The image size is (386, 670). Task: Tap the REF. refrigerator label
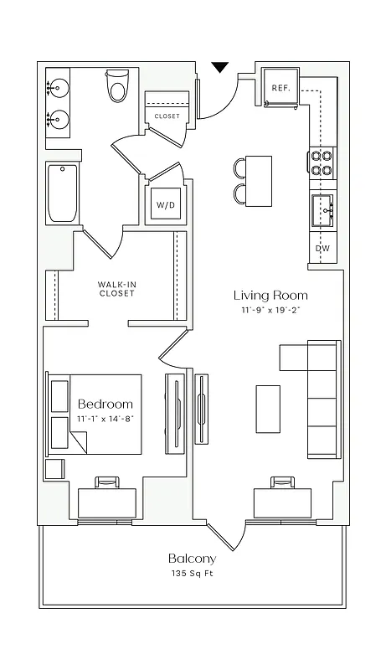click(x=279, y=87)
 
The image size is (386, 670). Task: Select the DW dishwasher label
click(x=322, y=249)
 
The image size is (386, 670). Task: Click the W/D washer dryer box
click(x=163, y=204)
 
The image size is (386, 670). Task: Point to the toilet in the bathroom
click(x=117, y=86)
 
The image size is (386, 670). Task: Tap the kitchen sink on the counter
click(x=322, y=209)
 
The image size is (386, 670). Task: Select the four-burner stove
click(x=322, y=162)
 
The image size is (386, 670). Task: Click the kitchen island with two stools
click(x=259, y=180)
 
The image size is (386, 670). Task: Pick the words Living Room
click(x=270, y=295)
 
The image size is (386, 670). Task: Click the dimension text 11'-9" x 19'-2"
click(x=270, y=311)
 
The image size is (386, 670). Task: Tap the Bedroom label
click(x=106, y=404)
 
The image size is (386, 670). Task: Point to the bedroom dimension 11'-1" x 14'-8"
click(x=106, y=418)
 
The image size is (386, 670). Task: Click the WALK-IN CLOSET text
click(x=116, y=289)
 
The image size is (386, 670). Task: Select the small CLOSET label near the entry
click(x=167, y=116)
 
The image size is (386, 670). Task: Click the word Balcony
click(x=192, y=559)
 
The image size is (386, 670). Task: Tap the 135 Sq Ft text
click(x=192, y=575)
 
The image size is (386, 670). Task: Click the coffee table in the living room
click(x=268, y=409)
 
